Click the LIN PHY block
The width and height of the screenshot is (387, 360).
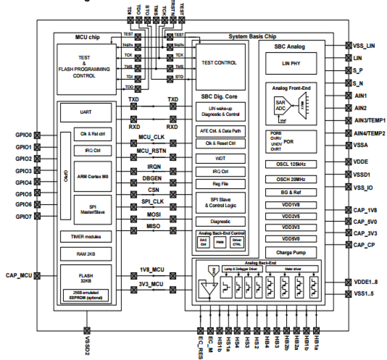(x=291, y=63)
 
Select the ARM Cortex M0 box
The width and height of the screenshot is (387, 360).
(x=92, y=176)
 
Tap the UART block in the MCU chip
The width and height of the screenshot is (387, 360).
(x=86, y=112)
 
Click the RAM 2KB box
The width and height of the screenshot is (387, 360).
(x=86, y=254)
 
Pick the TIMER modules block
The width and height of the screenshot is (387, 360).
(x=86, y=237)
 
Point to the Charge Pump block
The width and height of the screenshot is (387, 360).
(x=291, y=253)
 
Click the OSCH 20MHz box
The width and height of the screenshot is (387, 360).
(x=291, y=179)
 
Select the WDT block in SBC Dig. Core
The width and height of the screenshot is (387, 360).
(x=220, y=159)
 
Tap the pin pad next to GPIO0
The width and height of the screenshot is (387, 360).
(x=37, y=135)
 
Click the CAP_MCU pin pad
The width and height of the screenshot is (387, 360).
(x=37, y=276)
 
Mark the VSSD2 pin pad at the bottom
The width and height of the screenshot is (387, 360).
(x=87, y=331)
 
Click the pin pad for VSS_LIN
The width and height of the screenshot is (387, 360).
(x=348, y=46)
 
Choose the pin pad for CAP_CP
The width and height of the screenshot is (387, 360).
(x=348, y=245)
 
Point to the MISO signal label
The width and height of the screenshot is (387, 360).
(x=153, y=226)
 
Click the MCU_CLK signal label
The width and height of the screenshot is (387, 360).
(x=151, y=137)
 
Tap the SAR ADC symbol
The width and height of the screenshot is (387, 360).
(x=280, y=106)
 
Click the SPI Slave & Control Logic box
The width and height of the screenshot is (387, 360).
(x=220, y=203)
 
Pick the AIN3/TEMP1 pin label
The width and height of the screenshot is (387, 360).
(x=369, y=120)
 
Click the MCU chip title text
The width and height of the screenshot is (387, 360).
(x=87, y=37)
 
